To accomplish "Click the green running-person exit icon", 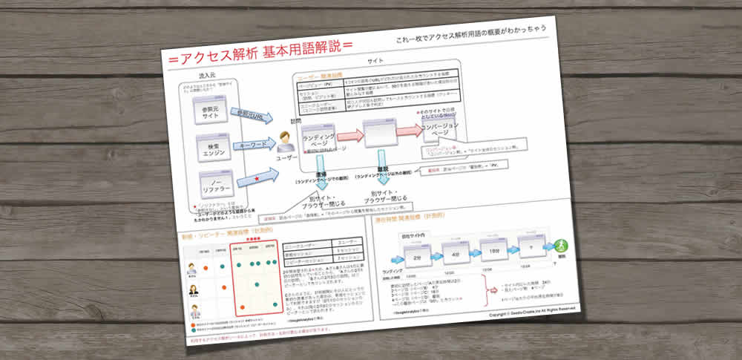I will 561,245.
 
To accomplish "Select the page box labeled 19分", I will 493,249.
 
